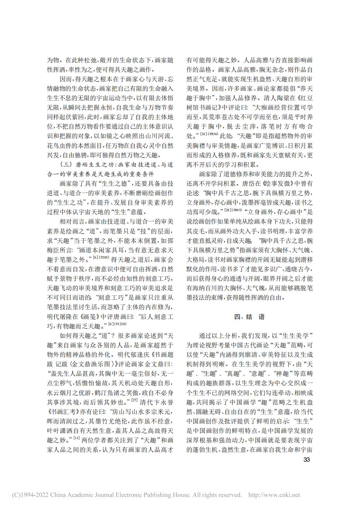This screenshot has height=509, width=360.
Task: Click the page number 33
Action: pyautogui.click(x=306, y=460)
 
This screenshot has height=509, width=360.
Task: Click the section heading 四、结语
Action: pyautogui.click(x=250, y=317)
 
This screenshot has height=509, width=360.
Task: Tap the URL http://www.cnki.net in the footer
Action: pyautogui.click(x=274, y=495)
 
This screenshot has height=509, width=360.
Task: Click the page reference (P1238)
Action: pyautogui.click(x=120, y=324)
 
